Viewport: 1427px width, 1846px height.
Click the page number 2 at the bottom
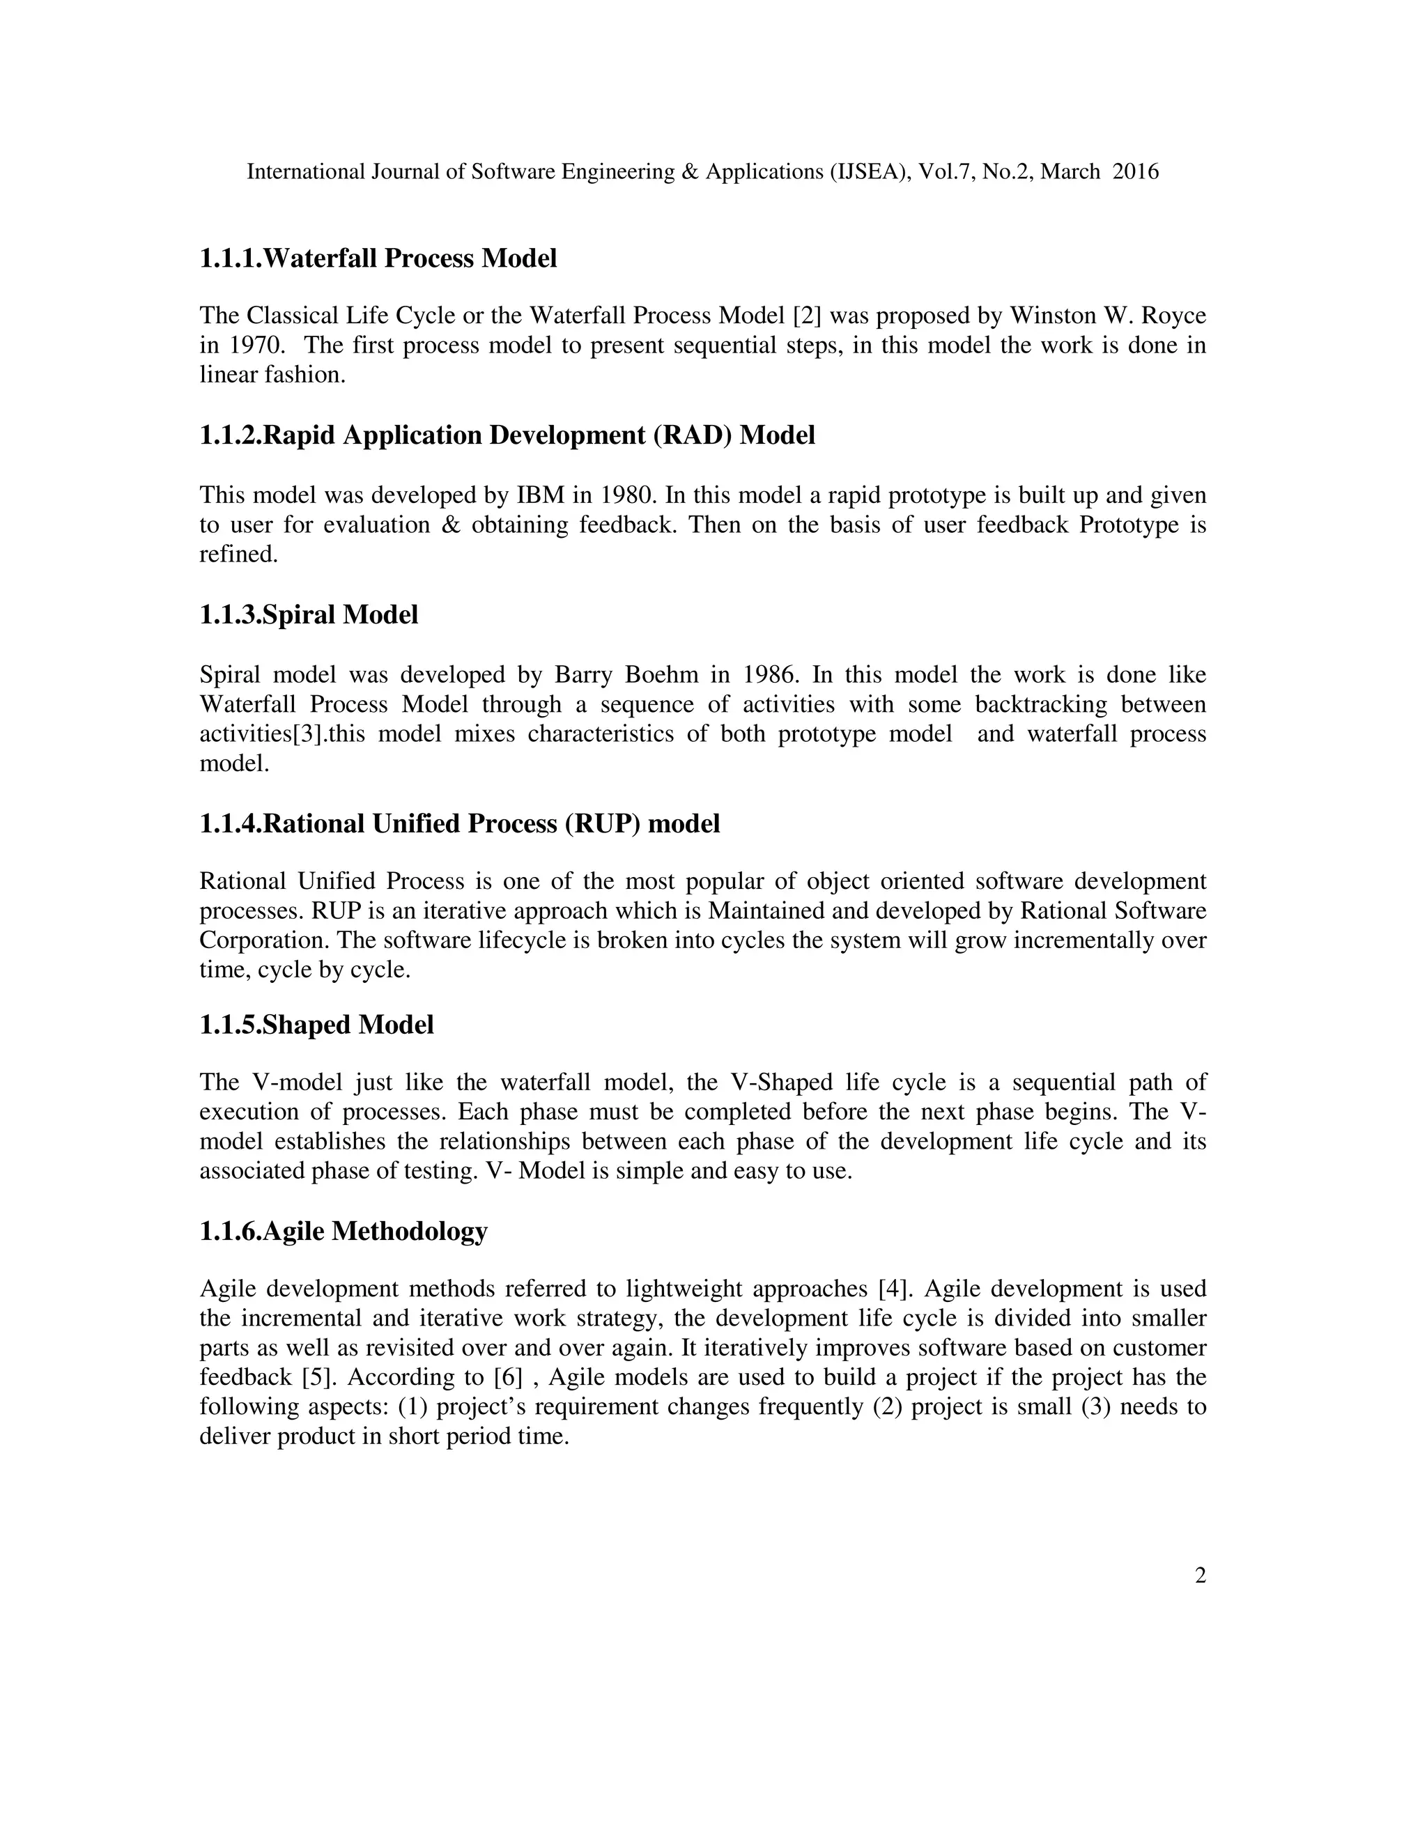1200,1576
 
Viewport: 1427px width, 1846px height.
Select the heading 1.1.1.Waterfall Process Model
378,258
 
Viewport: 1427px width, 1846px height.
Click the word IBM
540,495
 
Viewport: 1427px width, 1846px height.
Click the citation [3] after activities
309,734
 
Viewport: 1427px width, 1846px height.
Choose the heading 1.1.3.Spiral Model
309,615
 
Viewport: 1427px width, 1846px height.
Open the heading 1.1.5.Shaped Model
316,1025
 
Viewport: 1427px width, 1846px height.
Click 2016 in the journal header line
1135,173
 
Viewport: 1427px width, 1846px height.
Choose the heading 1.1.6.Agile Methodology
344,1232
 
